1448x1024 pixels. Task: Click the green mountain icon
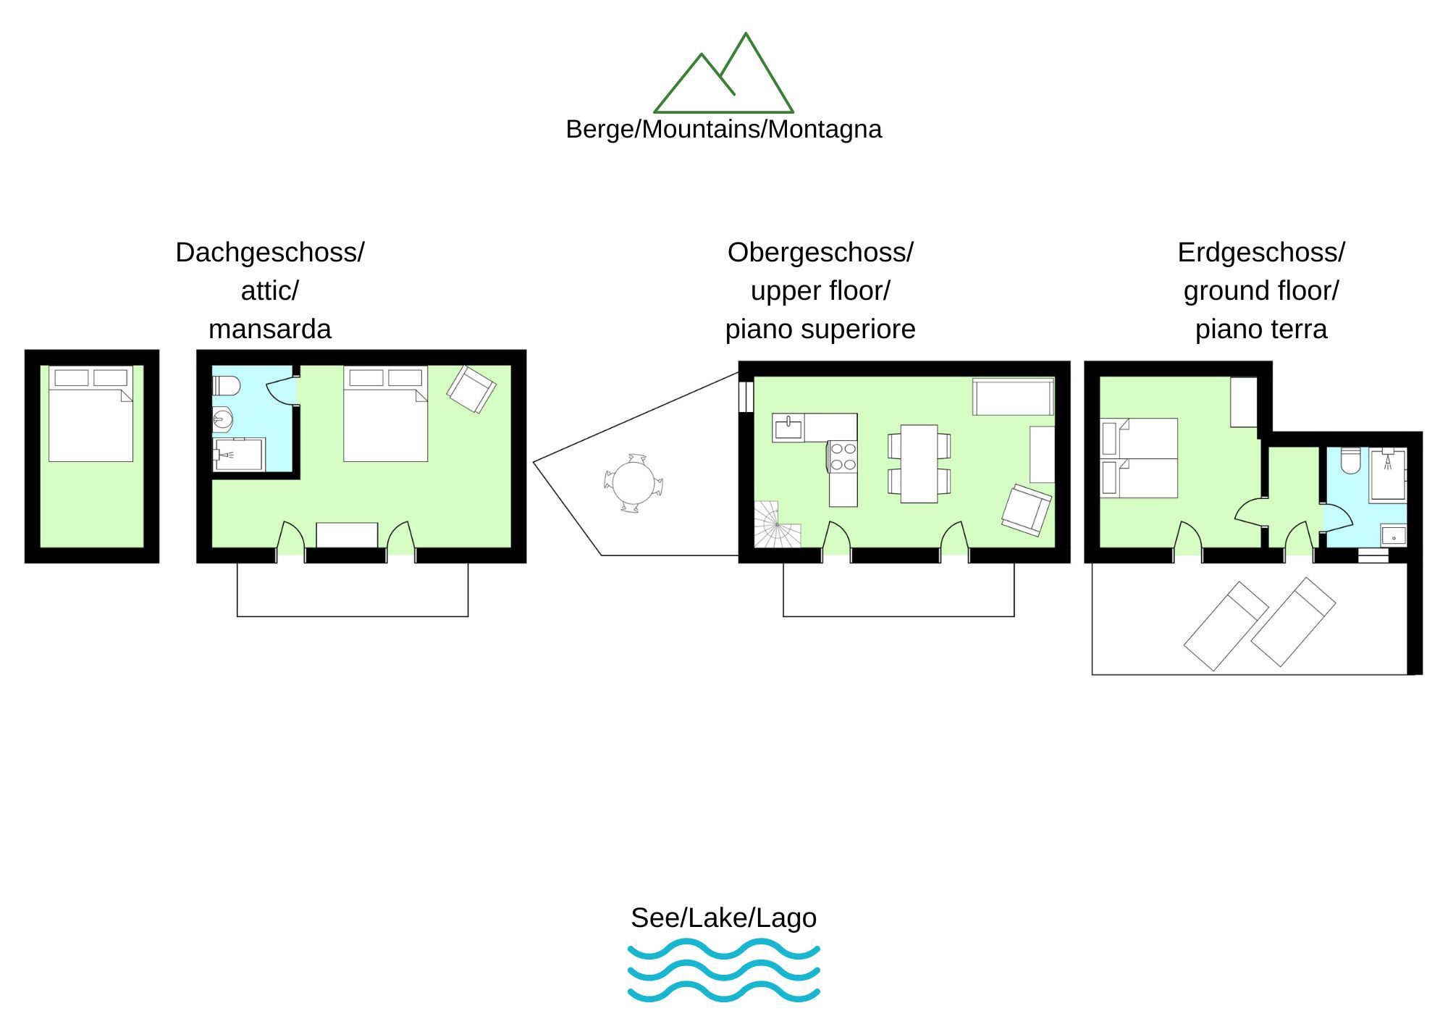723,76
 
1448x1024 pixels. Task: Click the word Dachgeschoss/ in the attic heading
269,253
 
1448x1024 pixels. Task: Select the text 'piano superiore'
820,330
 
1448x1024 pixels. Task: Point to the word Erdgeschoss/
1260,253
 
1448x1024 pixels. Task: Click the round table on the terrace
633,482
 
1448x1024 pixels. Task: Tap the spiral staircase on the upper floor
777,524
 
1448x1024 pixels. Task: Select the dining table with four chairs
919,463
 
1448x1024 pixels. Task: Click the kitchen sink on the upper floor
788,428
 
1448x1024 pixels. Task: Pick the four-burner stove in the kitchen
843,456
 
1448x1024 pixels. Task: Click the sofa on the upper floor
1013,396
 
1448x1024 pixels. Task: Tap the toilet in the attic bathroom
226,385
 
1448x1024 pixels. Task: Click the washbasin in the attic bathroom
222,419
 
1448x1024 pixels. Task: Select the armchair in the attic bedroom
471,390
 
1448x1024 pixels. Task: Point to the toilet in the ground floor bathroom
1350,461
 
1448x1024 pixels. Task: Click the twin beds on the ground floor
1138,458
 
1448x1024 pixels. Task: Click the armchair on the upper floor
1026,510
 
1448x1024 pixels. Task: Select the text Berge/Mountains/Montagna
723,130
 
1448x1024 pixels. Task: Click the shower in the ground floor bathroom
1387,475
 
